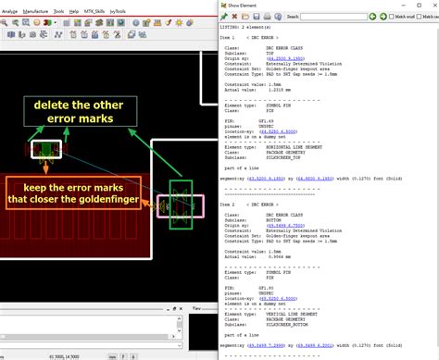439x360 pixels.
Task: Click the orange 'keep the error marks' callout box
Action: click(75, 192)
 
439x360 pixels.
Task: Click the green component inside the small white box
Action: click(43, 150)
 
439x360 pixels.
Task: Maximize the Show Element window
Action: click(414, 5)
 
